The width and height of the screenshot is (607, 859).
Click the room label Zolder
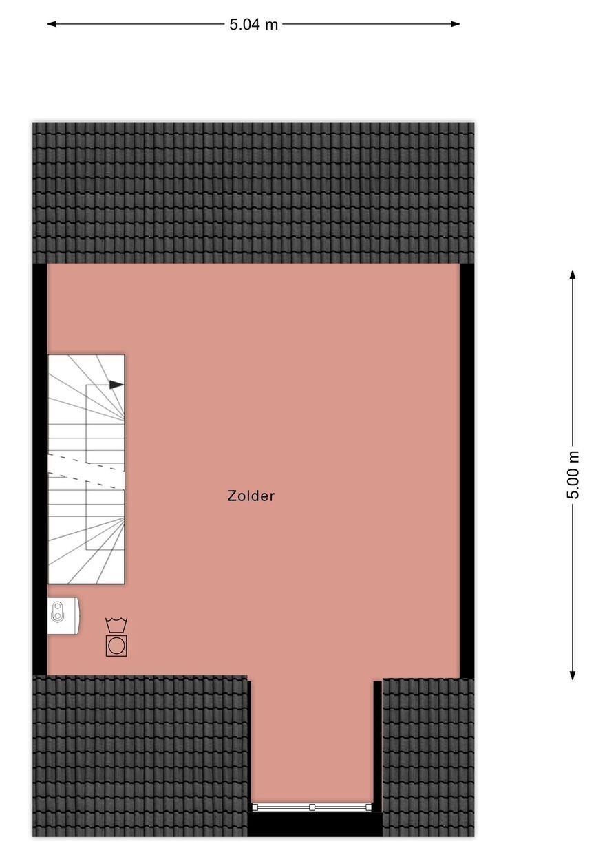pos(251,496)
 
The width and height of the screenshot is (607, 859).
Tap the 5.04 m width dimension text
pos(253,25)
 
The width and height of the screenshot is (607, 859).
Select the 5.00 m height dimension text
pos(573,475)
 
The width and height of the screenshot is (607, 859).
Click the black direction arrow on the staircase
pos(116,385)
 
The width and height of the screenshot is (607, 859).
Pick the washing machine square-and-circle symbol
pos(116,646)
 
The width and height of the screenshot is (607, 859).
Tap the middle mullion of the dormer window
pos(312,807)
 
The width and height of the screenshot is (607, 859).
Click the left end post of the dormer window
pos(255,807)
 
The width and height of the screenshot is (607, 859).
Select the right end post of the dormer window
pos(370,807)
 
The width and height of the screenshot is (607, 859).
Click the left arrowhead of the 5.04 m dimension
pos(51,24)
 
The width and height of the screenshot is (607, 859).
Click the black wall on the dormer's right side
pos(377,743)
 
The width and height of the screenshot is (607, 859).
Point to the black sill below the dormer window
pos(314,824)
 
